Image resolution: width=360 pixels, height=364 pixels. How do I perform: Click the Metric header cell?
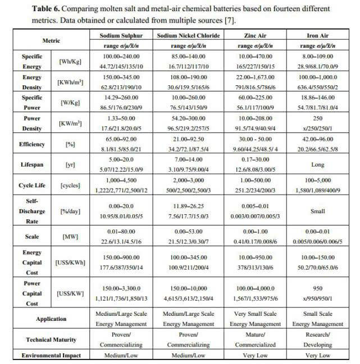click(x=51, y=41)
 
